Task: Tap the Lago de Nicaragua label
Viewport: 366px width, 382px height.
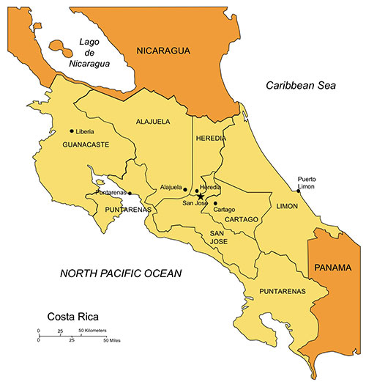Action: pyautogui.click(x=94, y=54)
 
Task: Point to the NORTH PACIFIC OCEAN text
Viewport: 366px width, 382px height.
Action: pyautogui.click(x=121, y=273)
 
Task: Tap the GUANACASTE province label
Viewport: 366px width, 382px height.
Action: pyautogui.click(x=86, y=144)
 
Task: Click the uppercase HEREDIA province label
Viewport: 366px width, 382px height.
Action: pyautogui.click(x=211, y=138)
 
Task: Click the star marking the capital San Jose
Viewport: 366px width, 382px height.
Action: pyautogui.click(x=200, y=196)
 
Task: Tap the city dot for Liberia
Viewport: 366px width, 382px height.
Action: pyautogui.click(x=71, y=131)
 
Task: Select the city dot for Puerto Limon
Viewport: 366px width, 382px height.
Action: pyautogui.click(x=298, y=191)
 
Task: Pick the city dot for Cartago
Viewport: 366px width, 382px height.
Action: pyautogui.click(x=215, y=203)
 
